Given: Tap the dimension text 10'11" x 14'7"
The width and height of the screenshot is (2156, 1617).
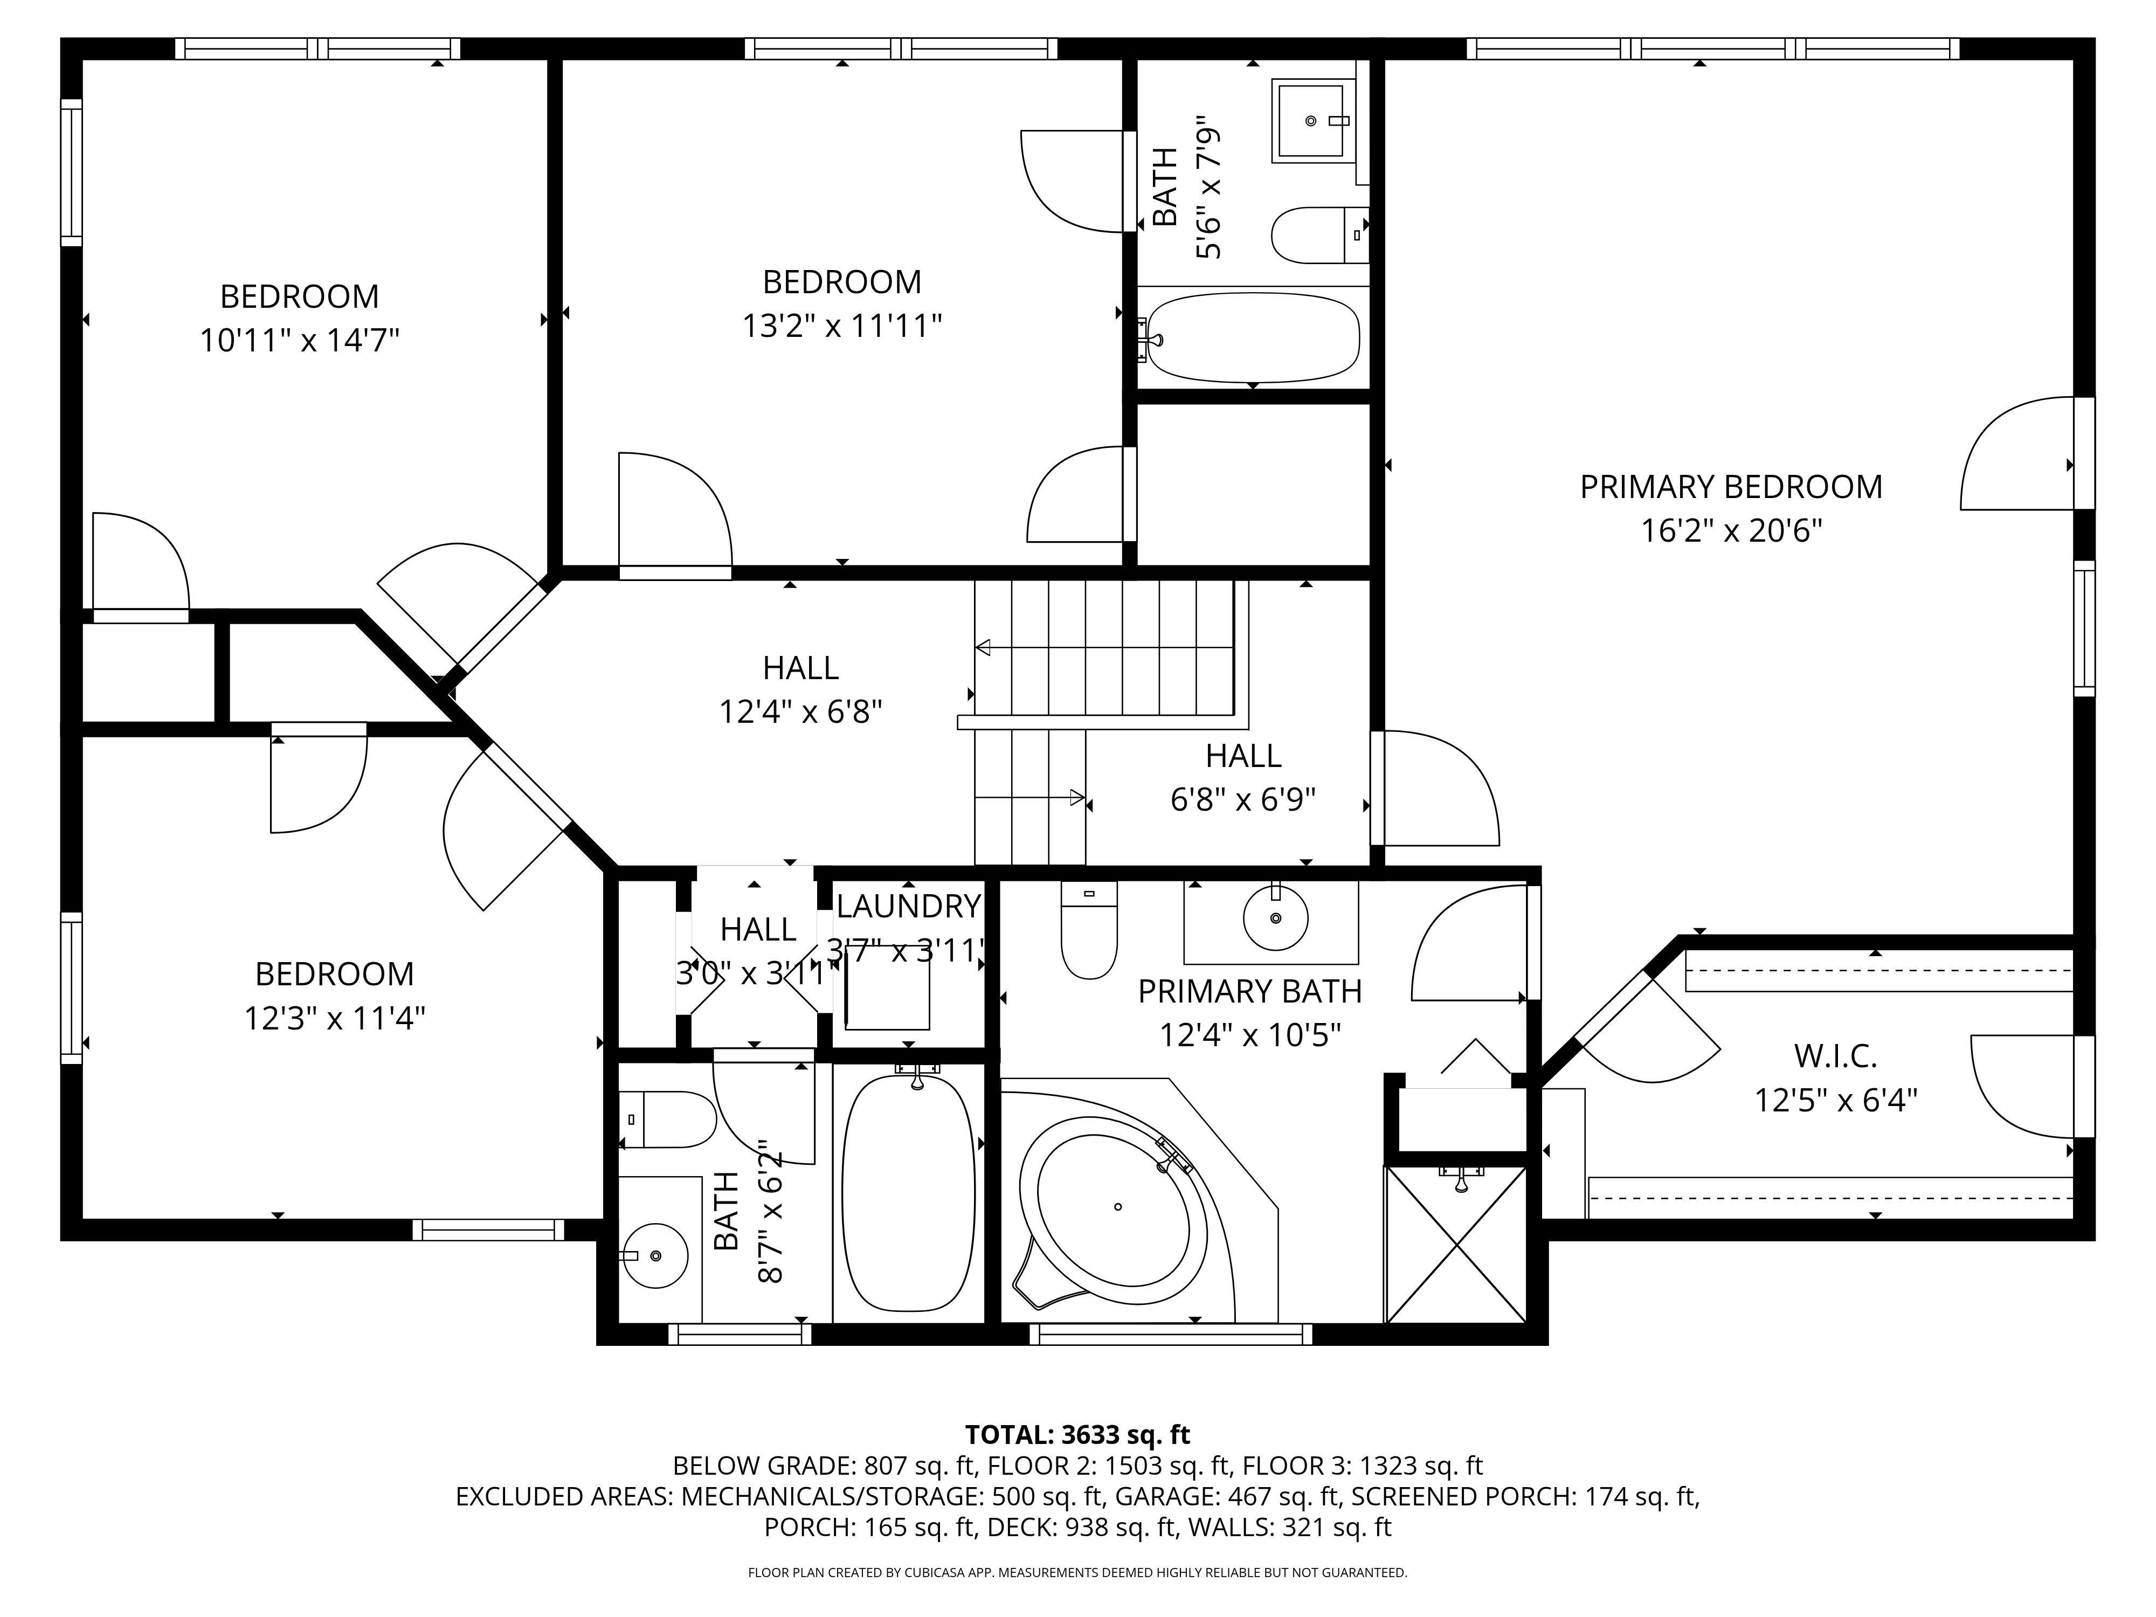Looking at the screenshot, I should pos(299,341).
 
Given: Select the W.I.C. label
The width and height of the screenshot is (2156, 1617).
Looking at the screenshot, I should pos(1835,1055).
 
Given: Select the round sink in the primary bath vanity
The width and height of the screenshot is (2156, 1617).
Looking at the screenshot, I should pos(1275,917).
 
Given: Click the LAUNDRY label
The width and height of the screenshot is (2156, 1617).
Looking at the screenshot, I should pos(908,907).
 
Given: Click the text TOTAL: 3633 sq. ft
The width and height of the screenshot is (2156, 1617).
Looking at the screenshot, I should pos(1077,1435).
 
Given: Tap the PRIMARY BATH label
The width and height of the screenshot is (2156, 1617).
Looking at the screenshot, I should pos(1249,991).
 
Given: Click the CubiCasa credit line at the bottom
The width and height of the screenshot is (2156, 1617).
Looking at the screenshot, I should pos(1077,1572).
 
